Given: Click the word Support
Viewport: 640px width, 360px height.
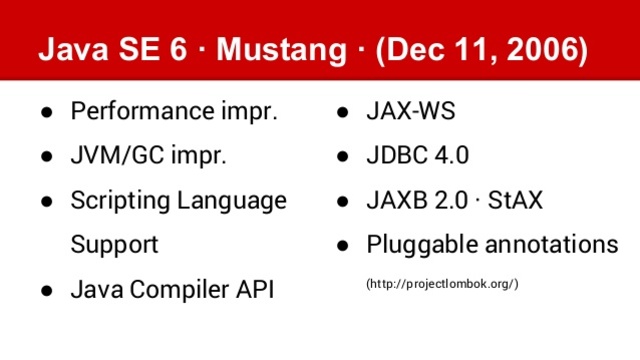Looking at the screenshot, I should [x=114, y=245].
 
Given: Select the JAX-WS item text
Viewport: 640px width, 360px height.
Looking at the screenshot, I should [x=411, y=111].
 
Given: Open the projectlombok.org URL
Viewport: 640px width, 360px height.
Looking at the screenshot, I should [x=442, y=285].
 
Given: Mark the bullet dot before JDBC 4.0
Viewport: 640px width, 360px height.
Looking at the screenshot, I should [x=342, y=157].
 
